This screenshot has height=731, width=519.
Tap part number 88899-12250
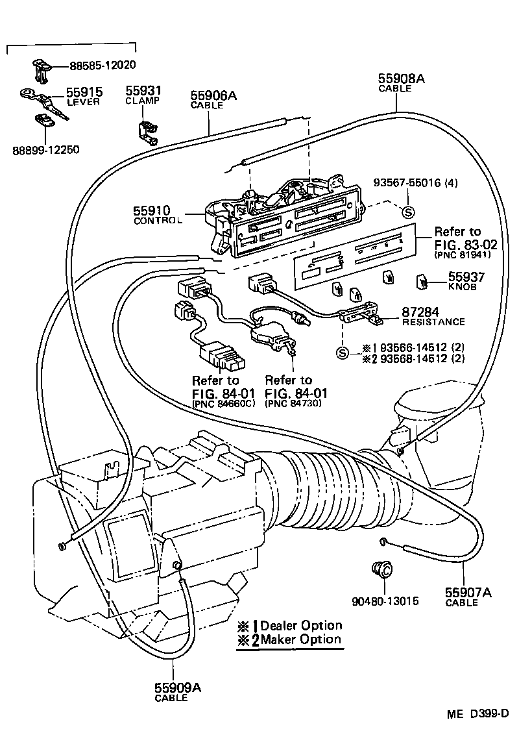[45, 149]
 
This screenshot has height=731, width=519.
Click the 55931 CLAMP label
[143, 95]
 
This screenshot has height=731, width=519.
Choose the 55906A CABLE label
[213, 100]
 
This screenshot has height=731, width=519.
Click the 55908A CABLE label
[401, 83]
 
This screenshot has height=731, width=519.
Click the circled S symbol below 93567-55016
[408, 211]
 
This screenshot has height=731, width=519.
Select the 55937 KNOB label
[466, 280]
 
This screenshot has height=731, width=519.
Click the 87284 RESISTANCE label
[433, 316]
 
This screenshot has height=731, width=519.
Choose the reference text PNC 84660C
[224, 404]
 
